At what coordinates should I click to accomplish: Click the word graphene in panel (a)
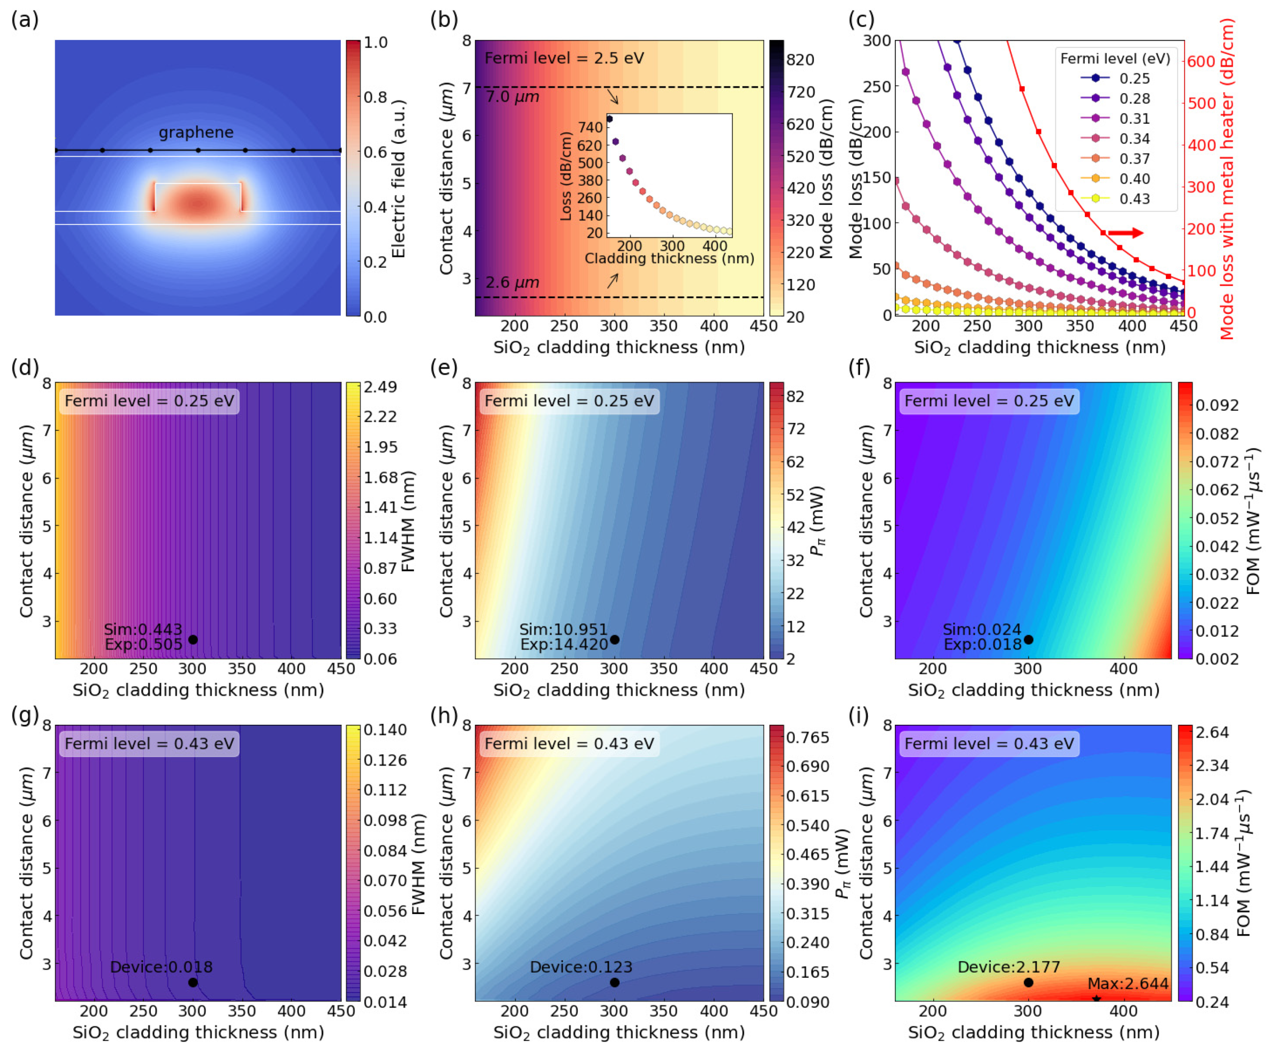(196, 132)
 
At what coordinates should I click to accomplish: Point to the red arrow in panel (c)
(1125, 233)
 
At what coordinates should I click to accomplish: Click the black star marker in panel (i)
(1096, 999)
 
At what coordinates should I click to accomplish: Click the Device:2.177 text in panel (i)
(1008, 967)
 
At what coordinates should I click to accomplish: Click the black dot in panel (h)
(614, 982)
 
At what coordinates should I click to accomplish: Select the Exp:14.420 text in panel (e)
(564, 645)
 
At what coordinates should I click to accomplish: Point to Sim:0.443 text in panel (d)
(143, 629)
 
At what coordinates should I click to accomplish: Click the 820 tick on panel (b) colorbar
(800, 59)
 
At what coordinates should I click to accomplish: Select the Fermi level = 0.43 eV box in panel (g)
(149, 744)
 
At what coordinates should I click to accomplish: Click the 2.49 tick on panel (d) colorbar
(380, 387)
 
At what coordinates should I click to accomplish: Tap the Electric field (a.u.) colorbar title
(399, 179)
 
